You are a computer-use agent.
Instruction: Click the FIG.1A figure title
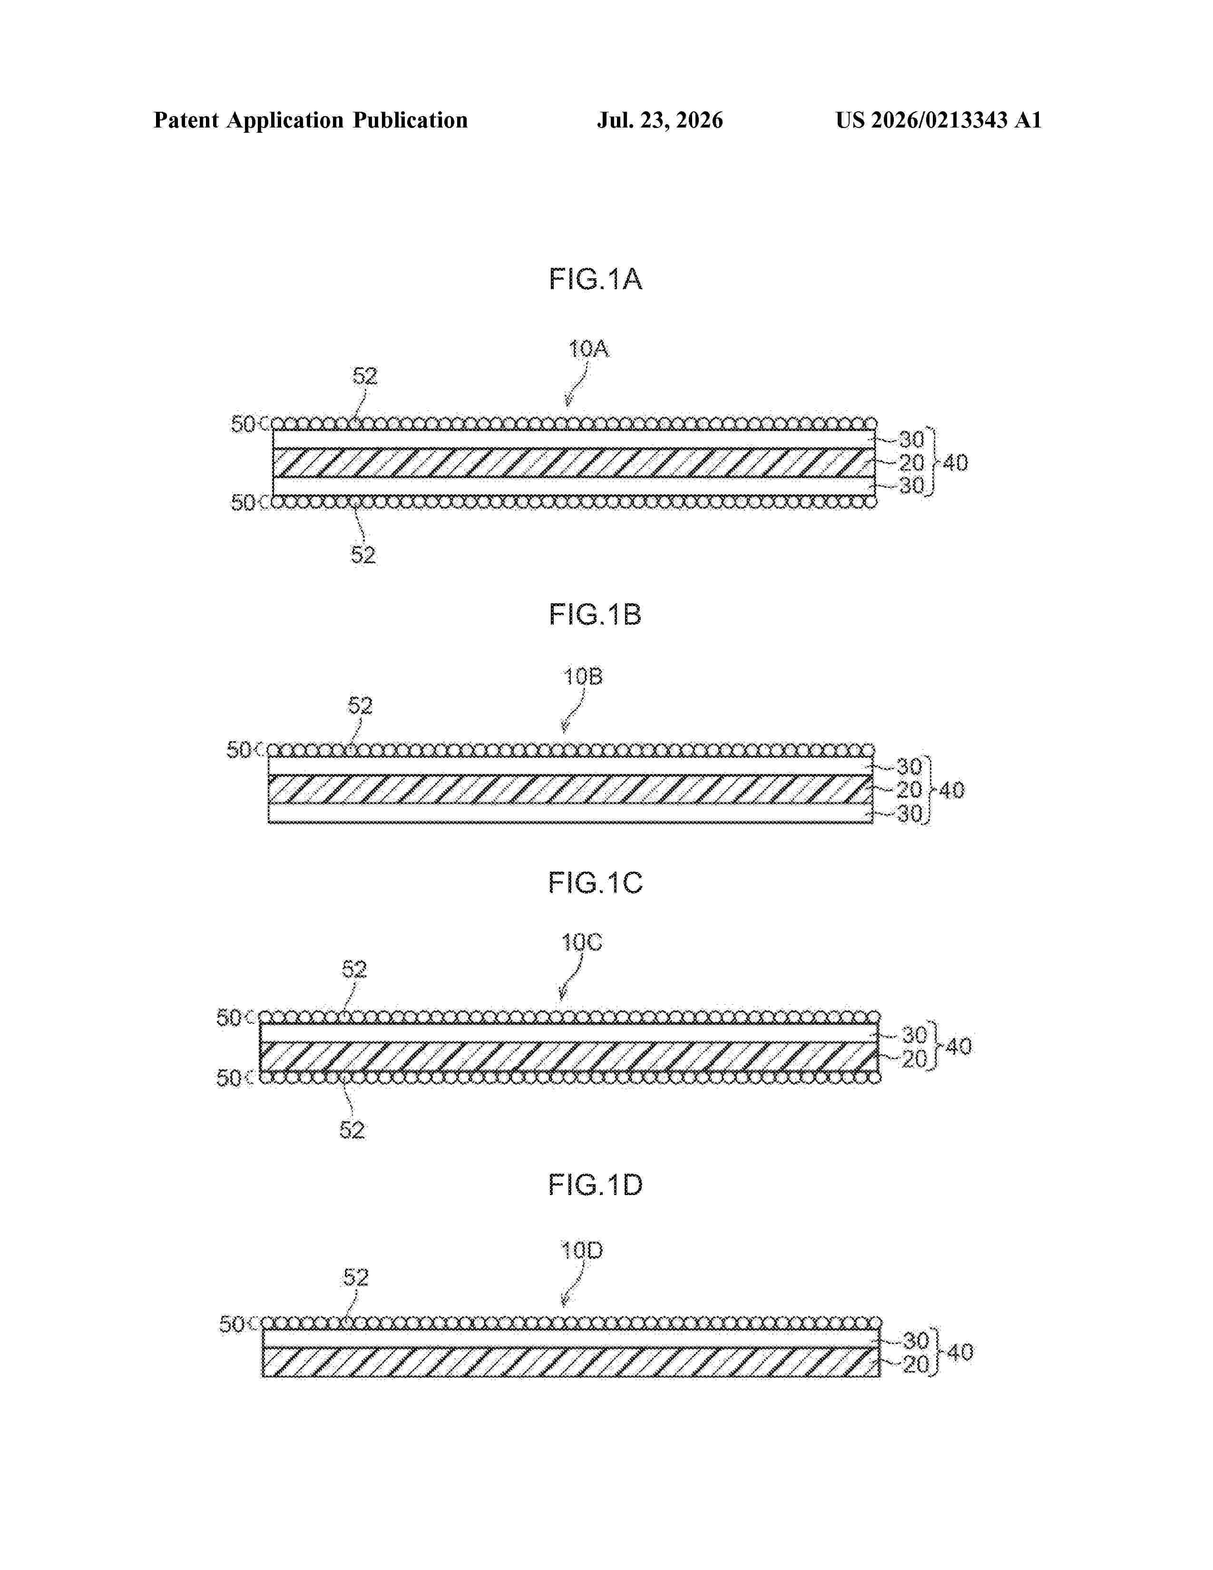coord(595,279)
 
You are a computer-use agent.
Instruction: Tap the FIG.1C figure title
coord(595,883)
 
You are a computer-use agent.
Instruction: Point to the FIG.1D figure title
coord(595,1185)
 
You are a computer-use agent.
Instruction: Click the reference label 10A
coord(588,349)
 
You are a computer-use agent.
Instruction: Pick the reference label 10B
coord(583,677)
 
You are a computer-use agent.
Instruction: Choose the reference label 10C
coord(581,942)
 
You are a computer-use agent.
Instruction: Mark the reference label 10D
coord(581,1251)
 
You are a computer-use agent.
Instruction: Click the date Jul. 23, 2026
coord(660,120)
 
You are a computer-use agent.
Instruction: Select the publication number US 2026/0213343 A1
coord(939,120)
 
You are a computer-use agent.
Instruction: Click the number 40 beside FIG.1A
coord(955,463)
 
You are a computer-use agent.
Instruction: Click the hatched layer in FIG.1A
coord(574,463)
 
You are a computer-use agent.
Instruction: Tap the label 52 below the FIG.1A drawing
coord(363,555)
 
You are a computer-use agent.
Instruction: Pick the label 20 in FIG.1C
coord(913,1059)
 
